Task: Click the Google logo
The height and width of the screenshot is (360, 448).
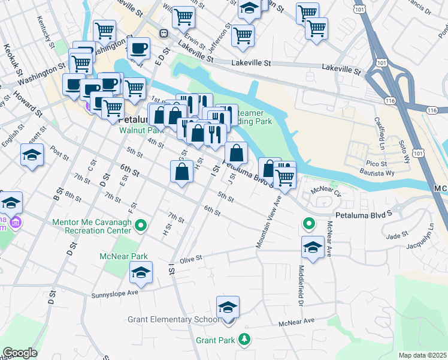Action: [20, 353]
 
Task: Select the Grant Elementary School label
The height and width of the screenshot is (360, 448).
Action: [173, 319]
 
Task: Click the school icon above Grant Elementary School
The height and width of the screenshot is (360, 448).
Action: [228, 308]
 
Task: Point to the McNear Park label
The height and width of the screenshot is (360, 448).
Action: [123, 257]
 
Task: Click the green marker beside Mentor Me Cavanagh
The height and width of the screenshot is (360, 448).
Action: [141, 226]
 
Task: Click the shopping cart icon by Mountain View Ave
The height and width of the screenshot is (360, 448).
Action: [285, 178]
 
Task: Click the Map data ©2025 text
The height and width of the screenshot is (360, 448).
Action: [422, 355]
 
